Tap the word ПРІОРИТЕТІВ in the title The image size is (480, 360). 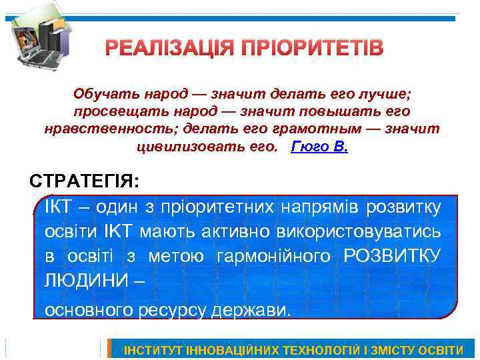(x=311, y=49)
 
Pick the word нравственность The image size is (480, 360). (x=103, y=129)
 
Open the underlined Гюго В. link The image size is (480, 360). (x=319, y=146)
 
